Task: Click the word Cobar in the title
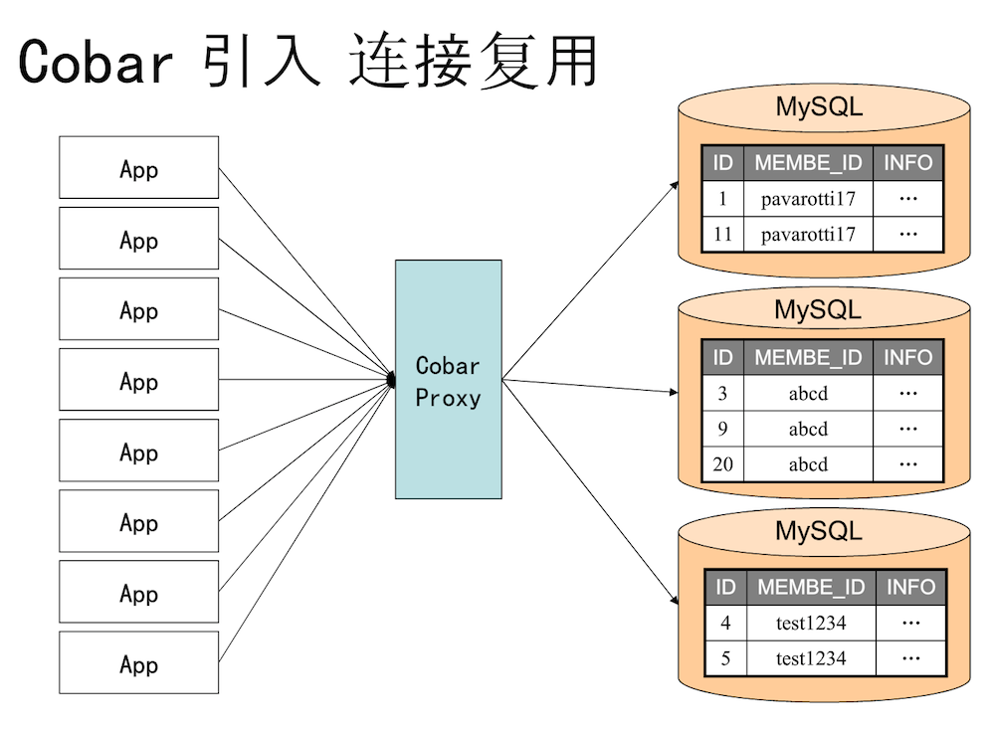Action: coord(96,61)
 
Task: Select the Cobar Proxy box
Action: coord(449,379)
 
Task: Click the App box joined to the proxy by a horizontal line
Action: coord(139,379)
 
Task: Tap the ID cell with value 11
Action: coord(722,235)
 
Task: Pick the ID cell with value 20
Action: coord(722,464)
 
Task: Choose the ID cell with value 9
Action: coord(722,429)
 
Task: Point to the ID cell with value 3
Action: coord(722,394)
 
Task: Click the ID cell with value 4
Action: coord(726,623)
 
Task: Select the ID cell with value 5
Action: coord(726,658)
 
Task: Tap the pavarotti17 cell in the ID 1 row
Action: coord(808,199)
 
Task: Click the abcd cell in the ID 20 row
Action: coord(808,464)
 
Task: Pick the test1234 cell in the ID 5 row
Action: coord(812,658)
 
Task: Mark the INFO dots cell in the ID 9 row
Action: coord(908,429)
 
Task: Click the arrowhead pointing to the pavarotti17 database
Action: coord(675,186)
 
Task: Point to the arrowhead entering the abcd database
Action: coord(674,392)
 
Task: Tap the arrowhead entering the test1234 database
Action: coord(675,600)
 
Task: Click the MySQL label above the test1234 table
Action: coord(819,531)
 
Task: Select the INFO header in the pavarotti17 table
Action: coord(908,163)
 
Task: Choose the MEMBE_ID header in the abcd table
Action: coord(808,358)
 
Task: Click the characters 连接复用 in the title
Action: coord(474,61)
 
